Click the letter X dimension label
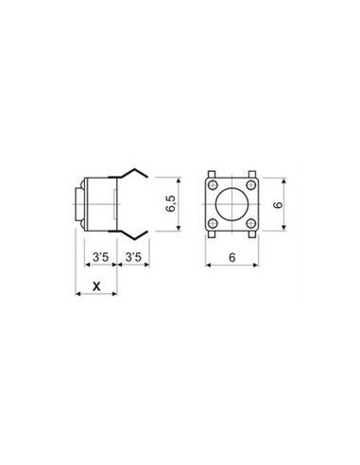coord(94,284)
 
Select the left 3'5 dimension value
coord(98,257)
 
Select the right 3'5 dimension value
coord(133,257)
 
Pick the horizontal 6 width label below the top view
coord(232,257)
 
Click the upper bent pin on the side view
coord(135,173)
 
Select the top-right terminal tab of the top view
coord(254,173)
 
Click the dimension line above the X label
coord(94,295)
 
